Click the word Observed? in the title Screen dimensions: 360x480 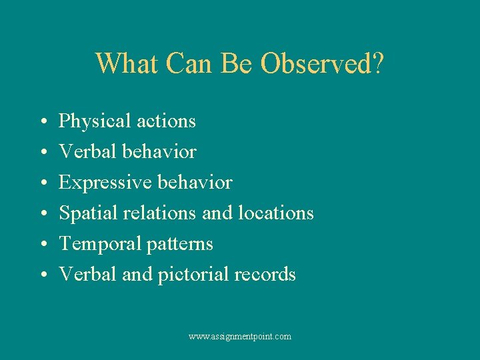pos(322,64)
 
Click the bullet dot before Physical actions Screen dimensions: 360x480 pos(42,123)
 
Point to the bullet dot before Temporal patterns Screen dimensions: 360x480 pos(42,245)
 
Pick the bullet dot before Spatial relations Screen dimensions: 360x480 pos(42,215)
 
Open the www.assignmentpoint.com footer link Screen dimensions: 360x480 pos(240,337)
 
